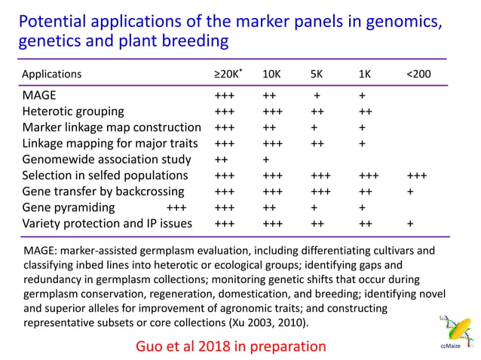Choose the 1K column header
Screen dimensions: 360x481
(365, 75)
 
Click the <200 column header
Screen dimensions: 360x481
(419, 75)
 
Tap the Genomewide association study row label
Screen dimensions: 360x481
(104, 160)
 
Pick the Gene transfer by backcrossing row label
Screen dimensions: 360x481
(103, 191)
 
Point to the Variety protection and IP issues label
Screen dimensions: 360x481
(107, 223)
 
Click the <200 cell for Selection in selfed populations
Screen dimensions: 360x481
(417, 175)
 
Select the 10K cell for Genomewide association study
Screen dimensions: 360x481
(266, 160)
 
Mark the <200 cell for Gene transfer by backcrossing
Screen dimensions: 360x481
(410, 191)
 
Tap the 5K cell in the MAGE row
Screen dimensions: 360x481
(317, 96)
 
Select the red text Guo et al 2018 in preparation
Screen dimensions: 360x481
(229, 346)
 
